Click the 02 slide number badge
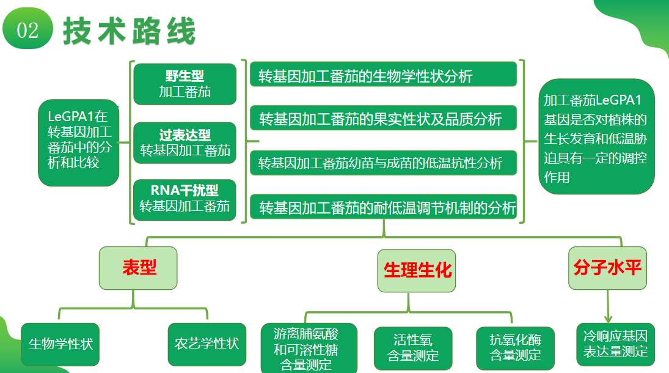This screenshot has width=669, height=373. (27, 29)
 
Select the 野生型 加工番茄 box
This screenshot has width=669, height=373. (185, 84)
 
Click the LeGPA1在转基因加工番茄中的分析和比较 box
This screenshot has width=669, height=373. (78, 142)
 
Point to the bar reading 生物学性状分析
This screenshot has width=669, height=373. (384, 76)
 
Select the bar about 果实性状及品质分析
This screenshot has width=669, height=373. (384, 118)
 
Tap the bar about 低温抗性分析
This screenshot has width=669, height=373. (384, 163)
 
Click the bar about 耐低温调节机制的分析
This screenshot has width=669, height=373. (384, 208)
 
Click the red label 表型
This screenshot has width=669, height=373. (139, 268)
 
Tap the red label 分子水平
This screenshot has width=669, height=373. (607, 268)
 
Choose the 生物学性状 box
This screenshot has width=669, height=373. (60, 344)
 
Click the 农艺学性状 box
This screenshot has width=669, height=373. (207, 344)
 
